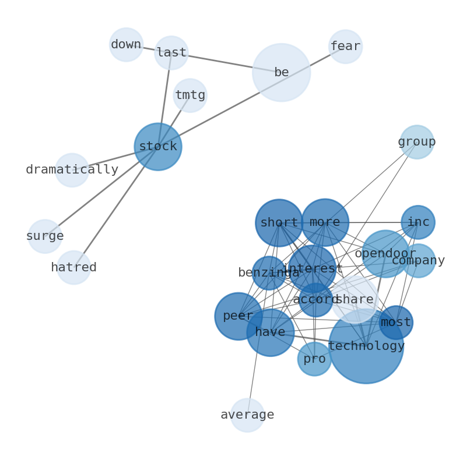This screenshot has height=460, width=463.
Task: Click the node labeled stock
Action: coord(157,147)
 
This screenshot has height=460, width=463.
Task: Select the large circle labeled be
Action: coord(281,73)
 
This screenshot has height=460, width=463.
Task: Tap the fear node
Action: coord(345,47)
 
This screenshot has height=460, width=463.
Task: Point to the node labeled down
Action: coord(126,45)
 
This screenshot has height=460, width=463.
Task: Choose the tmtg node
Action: coord(190,95)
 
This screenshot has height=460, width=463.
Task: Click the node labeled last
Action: coord(171,53)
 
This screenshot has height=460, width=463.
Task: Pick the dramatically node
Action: coord(72,170)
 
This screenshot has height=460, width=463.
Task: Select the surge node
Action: coord(45,236)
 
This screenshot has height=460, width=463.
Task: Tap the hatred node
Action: coord(73,268)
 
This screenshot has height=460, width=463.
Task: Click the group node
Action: coord(416,142)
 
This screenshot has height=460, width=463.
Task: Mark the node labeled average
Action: coord(247,415)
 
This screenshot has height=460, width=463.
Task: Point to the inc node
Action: coord(418,222)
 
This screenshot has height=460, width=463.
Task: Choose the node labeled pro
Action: coord(314,359)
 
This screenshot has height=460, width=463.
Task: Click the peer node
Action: coord(238,316)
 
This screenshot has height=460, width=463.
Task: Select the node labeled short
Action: coord(279,223)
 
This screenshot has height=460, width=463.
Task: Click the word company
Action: coord(418,261)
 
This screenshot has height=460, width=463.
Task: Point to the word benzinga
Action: coord(269,273)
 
